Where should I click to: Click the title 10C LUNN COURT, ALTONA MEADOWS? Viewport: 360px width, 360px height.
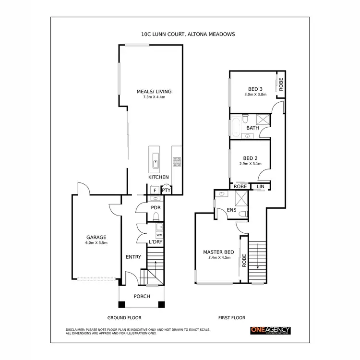[x=181, y=35]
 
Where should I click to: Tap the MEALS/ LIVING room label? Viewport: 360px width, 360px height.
[x=154, y=91]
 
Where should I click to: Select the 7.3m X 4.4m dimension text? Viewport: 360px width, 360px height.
[x=154, y=97]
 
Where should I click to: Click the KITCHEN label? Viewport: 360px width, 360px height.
[x=158, y=178]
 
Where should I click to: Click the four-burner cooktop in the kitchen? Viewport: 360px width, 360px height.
[x=177, y=162]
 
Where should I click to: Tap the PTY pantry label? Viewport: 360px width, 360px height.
[x=166, y=191]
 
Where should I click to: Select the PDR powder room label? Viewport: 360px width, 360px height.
[x=155, y=208]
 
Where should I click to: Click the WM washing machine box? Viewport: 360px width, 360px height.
[x=159, y=235]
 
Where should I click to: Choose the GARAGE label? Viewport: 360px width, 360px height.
[x=96, y=237]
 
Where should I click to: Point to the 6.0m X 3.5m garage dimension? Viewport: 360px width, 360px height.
[x=96, y=243]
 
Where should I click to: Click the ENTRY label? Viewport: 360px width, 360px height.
[x=133, y=257]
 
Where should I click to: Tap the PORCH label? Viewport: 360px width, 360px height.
[x=142, y=296]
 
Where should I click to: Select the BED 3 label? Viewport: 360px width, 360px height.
[x=255, y=89]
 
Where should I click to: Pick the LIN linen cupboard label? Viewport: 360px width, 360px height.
[x=261, y=186]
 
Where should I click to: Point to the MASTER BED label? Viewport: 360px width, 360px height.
[x=218, y=252]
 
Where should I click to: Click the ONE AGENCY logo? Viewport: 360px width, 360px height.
[x=270, y=330]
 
